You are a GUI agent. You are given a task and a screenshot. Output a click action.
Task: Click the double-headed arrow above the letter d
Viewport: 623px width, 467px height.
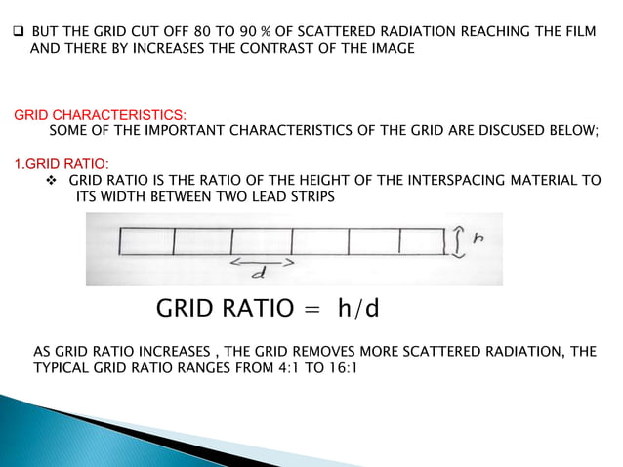pos(263,262)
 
